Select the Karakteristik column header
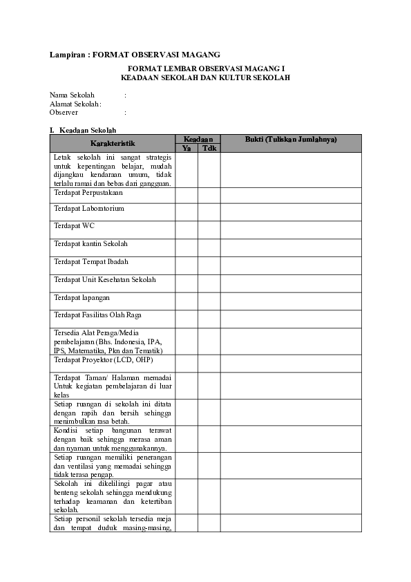pyautogui.click(x=112, y=143)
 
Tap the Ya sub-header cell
pyautogui.click(x=186, y=148)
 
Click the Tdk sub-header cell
pyautogui.click(x=209, y=148)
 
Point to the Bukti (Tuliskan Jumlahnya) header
pyautogui.click(x=291, y=140)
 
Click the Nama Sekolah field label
pyautogui.click(x=72, y=95)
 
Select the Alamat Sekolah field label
pyautogui.click(x=75, y=104)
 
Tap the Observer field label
pyautogui.click(x=64, y=112)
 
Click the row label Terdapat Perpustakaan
pyautogui.click(x=88, y=193)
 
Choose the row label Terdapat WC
pyautogui.click(x=74, y=225)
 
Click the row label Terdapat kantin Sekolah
pyautogui.click(x=90, y=244)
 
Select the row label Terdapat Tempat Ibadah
pyautogui.click(x=90, y=262)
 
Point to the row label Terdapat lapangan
pyautogui.click(x=80, y=297)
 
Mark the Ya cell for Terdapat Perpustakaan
pyautogui.click(x=186, y=196)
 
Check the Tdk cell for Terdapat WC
pyautogui.click(x=209, y=230)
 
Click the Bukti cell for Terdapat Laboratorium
pyautogui.click(x=291, y=212)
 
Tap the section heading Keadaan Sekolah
pyautogui.click(x=88, y=130)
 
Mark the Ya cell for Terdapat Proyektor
pyautogui.click(x=186, y=364)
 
